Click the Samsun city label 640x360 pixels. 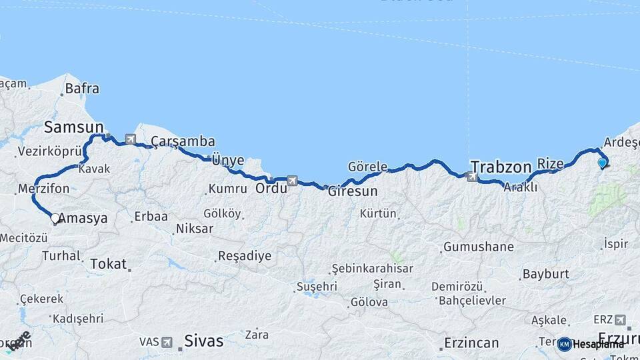point(73,127)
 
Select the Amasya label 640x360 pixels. point(83,219)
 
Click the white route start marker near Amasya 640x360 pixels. point(55,218)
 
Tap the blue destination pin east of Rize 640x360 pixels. point(603,162)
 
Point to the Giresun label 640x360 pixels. point(353,191)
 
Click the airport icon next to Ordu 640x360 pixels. point(291,181)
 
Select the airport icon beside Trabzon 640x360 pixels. point(473,177)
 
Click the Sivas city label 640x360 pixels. point(203,341)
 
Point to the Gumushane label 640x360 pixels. point(479,247)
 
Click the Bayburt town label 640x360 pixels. point(545,274)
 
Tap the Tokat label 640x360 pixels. point(107,263)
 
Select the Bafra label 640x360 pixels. point(83,88)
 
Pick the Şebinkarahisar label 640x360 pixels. point(373,269)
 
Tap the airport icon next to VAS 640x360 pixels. point(167,342)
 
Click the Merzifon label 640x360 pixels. point(44,189)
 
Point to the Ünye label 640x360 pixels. point(227,161)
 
